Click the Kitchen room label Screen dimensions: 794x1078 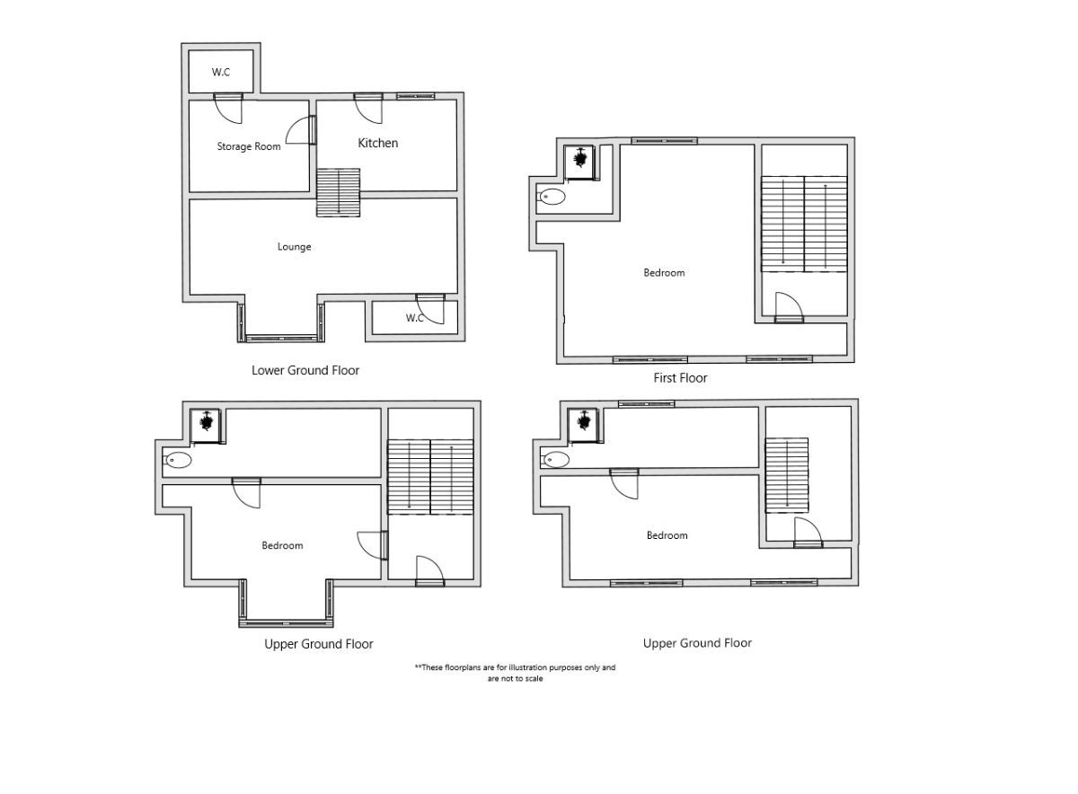[377, 143]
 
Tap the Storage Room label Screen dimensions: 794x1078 [248, 146]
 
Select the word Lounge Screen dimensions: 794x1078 [294, 247]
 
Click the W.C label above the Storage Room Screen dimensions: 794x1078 [221, 73]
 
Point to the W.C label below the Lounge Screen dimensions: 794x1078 [414, 318]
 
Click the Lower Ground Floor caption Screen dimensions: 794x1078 [305, 370]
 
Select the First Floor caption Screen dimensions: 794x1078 [680, 378]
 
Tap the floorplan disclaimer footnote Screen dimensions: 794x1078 [515, 673]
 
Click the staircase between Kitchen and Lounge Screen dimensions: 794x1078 [339, 192]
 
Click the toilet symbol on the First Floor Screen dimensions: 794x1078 [552, 196]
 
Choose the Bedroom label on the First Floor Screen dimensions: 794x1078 [664, 273]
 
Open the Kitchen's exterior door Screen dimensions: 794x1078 [367, 107]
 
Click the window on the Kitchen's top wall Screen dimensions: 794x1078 [415, 95]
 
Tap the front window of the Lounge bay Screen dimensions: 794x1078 [282, 339]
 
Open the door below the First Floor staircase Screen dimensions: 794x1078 [789, 307]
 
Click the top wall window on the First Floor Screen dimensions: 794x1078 [664, 140]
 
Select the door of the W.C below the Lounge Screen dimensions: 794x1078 [432, 308]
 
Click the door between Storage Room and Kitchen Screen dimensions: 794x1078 [313, 131]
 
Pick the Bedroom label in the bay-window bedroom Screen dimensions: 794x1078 [282, 546]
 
